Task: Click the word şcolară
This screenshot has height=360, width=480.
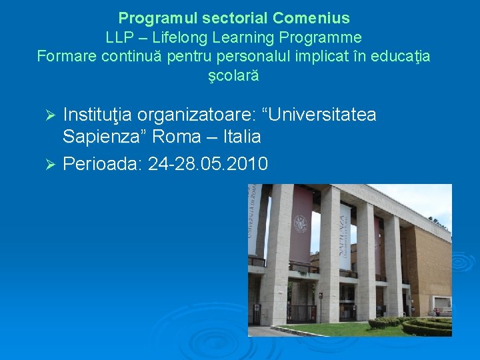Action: tap(233, 76)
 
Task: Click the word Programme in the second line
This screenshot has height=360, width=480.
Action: tap(325, 37)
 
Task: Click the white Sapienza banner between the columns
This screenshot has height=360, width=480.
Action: tap(345, 237)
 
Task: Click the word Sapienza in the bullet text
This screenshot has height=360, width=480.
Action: tap(105, 137)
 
